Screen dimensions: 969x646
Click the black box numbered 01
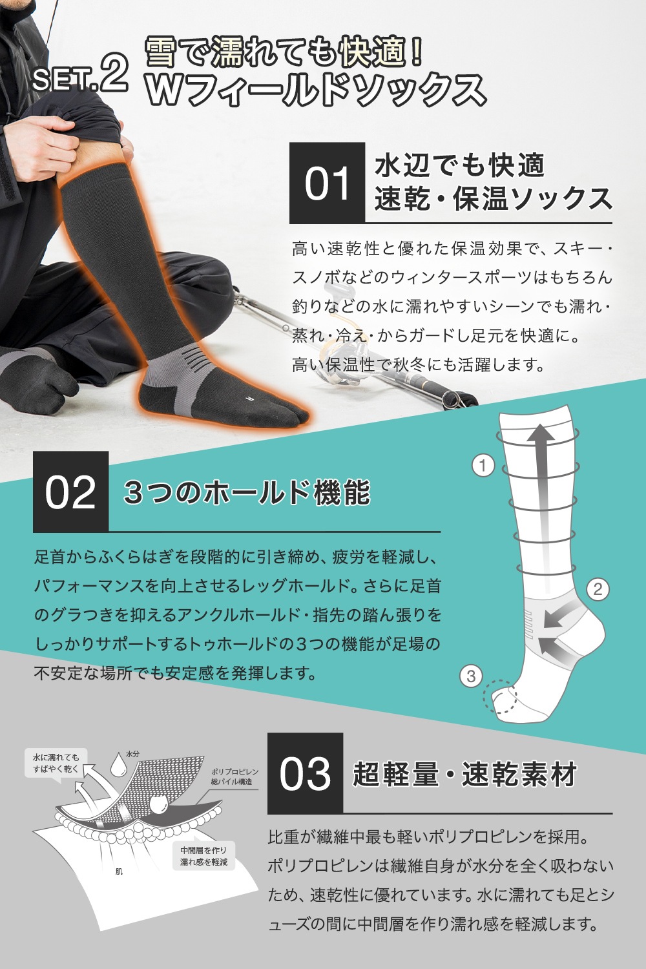[x=327, y=183]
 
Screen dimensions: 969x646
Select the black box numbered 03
[x=305, y=773]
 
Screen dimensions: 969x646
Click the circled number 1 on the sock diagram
[x=483, y=466]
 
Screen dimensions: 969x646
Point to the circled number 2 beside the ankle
[x=598, y=589]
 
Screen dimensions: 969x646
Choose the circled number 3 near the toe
[x=472, y=676]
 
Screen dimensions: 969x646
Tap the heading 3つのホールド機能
[x=247, y=493]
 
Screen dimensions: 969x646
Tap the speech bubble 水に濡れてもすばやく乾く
[x=56, y=763]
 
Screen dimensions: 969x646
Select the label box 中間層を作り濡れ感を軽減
[x=203, y=856]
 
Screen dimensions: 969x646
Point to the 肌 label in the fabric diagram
[x=119, y=871]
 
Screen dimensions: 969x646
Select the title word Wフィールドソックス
[x=315, y=90]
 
